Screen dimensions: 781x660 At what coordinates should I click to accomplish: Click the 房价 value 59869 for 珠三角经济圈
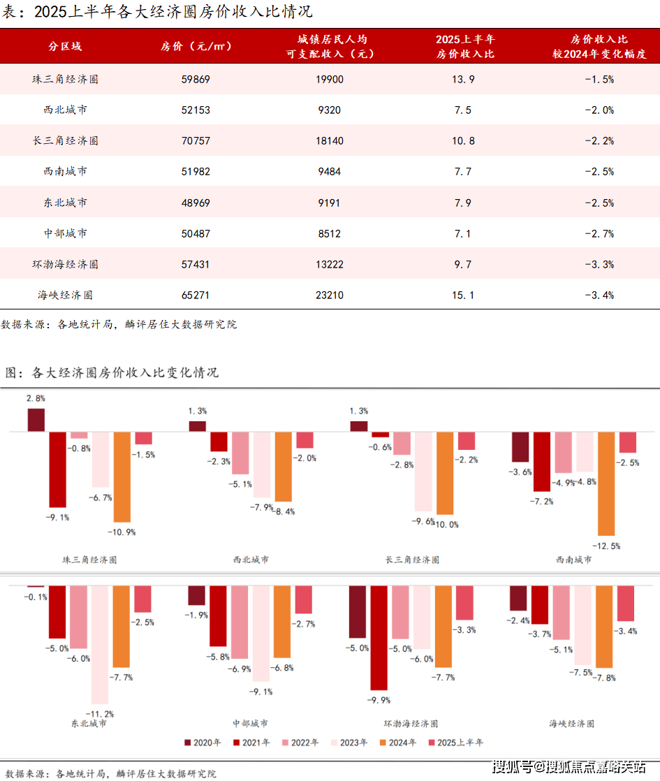click(195, 80)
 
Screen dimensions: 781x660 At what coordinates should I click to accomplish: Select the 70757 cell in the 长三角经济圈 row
click(195, 140)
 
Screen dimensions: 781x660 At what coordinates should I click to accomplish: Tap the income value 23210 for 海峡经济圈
click(330, 295)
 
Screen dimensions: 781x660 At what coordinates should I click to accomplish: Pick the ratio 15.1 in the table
click(464, 295)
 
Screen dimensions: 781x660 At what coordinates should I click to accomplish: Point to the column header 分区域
click(65, 46)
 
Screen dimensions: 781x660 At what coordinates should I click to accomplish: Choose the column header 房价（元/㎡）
click(196, 46)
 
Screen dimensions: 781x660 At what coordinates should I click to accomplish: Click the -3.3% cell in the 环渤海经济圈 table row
click(599, 265)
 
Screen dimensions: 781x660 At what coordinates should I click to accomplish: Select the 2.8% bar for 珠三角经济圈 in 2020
click(36, 420)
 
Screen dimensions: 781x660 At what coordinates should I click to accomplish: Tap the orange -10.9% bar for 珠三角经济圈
click(122, 476)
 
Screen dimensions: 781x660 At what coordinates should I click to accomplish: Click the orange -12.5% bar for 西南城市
click(606, 483)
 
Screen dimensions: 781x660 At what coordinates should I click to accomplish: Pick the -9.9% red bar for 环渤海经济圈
click(379, 637)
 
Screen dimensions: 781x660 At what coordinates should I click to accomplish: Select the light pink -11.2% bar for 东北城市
click(101, 644)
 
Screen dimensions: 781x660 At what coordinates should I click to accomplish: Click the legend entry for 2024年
click(398, 743)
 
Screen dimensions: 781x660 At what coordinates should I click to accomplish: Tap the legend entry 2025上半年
click(455, 743)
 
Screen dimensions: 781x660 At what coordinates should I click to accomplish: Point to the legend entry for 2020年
click(203, 743)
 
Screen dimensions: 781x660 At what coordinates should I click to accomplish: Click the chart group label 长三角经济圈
click(412, 560)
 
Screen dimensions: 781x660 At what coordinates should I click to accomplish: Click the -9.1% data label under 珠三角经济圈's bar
click(58, 518)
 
